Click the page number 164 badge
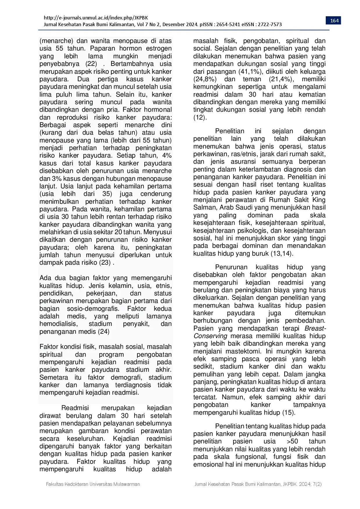[x=334, y=20]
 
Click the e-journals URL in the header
[x=96, y=18]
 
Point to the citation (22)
[x=91, y=64]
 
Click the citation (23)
[x=105, y=263]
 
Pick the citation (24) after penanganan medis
[x=104, y=331]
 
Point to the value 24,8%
[x=205, y=79]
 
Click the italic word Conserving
[x=210, y=336]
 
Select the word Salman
[x=204, y=207]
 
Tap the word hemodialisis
[x=58, y=324]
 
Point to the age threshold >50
[x=292, y=441]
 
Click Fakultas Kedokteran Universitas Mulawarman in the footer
[x=93, y=484]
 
